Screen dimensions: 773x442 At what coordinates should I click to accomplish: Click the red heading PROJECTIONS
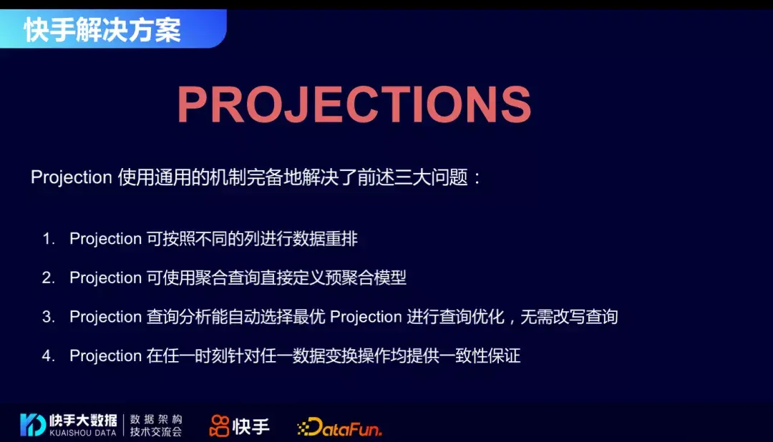coord(354,104)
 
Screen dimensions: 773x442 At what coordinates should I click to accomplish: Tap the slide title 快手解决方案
coord(102,29)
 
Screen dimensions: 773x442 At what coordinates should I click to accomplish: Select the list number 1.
coord(48,239)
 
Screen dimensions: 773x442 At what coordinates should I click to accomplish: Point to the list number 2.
coord(48,278)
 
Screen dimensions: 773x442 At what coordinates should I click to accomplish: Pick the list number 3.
coord(48,317)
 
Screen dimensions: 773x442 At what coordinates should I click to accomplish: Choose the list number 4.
coord(48,355)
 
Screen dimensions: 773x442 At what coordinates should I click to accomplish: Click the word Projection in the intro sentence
coord(72,177)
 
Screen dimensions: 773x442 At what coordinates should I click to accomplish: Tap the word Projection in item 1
coord(105,239)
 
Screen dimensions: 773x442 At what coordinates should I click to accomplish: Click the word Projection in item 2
coord(105,278)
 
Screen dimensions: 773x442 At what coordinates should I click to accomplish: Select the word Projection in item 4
coord(105,355)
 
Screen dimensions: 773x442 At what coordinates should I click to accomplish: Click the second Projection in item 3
coord(366,317)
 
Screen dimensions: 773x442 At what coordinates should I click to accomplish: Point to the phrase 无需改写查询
coord(569,317)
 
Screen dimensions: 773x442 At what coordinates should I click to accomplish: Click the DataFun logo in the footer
coord(340,427)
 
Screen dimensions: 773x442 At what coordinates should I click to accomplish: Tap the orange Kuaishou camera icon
coord(220,426)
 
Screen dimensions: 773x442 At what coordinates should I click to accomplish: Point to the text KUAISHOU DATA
coord(83,433)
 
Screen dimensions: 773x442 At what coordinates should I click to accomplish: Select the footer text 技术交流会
coord(156,432)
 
